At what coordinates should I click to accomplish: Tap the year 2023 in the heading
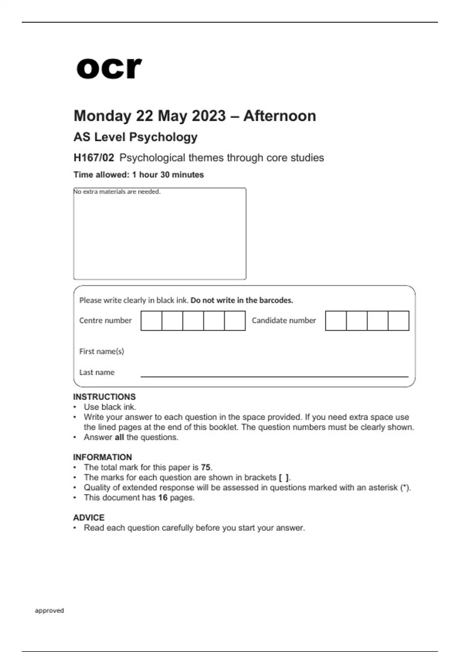(209, 116)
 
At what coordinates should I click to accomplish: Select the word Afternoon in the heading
(279, 116)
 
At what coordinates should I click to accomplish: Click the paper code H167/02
(94, 158)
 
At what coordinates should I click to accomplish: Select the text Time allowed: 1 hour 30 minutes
(138, 175)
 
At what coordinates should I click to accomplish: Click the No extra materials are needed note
(117, 191)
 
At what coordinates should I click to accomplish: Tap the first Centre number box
(151, 321)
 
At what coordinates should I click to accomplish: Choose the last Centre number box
(235, 321)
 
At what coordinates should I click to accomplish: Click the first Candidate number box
(336, 321)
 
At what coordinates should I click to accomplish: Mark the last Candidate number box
(398, 321)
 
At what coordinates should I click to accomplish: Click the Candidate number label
(284, 321)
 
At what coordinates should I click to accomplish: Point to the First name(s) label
(102, 351)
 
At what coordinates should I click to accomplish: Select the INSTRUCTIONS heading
(104, 397)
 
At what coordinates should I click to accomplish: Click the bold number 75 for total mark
(206, 468)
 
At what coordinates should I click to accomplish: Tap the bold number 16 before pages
(163, 498)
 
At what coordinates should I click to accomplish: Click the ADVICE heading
(89, 518)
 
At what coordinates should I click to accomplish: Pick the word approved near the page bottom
(49, 611)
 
